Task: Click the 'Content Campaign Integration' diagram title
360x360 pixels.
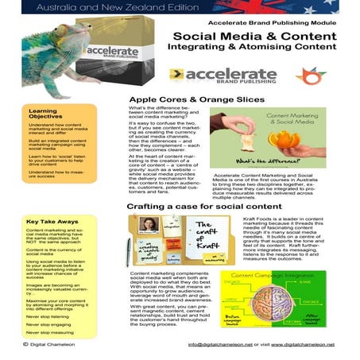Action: (x=278, y=276)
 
